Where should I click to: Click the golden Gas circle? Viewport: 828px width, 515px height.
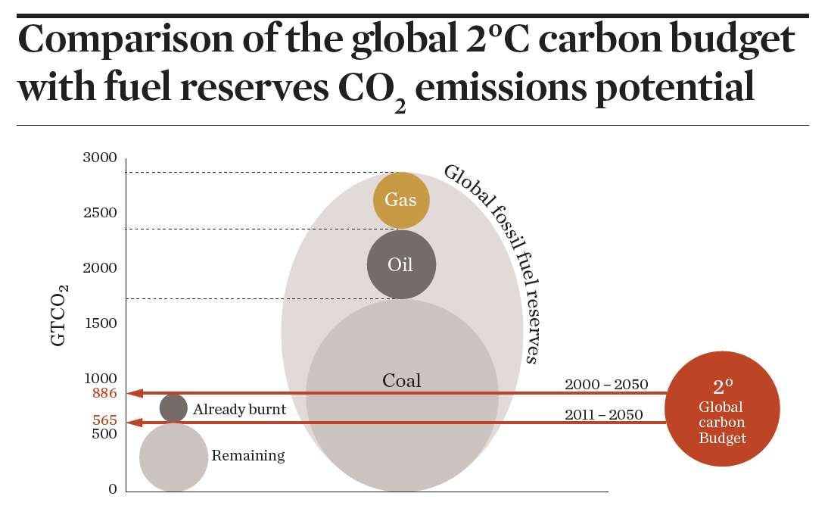click(401, 200)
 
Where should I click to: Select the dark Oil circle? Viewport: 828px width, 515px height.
click(401, 264)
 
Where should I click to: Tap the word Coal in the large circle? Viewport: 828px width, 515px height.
click(401, 380)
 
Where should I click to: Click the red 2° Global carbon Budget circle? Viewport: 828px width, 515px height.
click(722, 408)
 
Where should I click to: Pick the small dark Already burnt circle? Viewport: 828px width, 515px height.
click(173, 408)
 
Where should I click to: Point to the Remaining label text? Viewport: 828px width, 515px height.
click(247, 455)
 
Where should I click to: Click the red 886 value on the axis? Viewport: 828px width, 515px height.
click(104, 393)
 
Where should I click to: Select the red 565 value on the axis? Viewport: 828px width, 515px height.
click(104, 420)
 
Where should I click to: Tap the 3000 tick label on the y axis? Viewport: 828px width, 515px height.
click(100, 158)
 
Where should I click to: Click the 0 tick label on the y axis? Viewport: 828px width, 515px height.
click(113, 489)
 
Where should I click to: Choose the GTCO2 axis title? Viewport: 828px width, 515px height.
click(60, 315)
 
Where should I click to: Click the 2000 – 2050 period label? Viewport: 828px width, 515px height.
click(606, 385)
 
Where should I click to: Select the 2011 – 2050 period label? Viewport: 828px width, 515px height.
click(603, 414)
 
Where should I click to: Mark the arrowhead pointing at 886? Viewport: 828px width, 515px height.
click(133, 393)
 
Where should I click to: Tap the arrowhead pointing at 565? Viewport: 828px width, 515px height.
click(133, 422)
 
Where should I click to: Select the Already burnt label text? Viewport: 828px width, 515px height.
click(239, 410)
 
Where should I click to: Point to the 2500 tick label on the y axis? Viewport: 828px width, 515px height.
click(100, 213)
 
